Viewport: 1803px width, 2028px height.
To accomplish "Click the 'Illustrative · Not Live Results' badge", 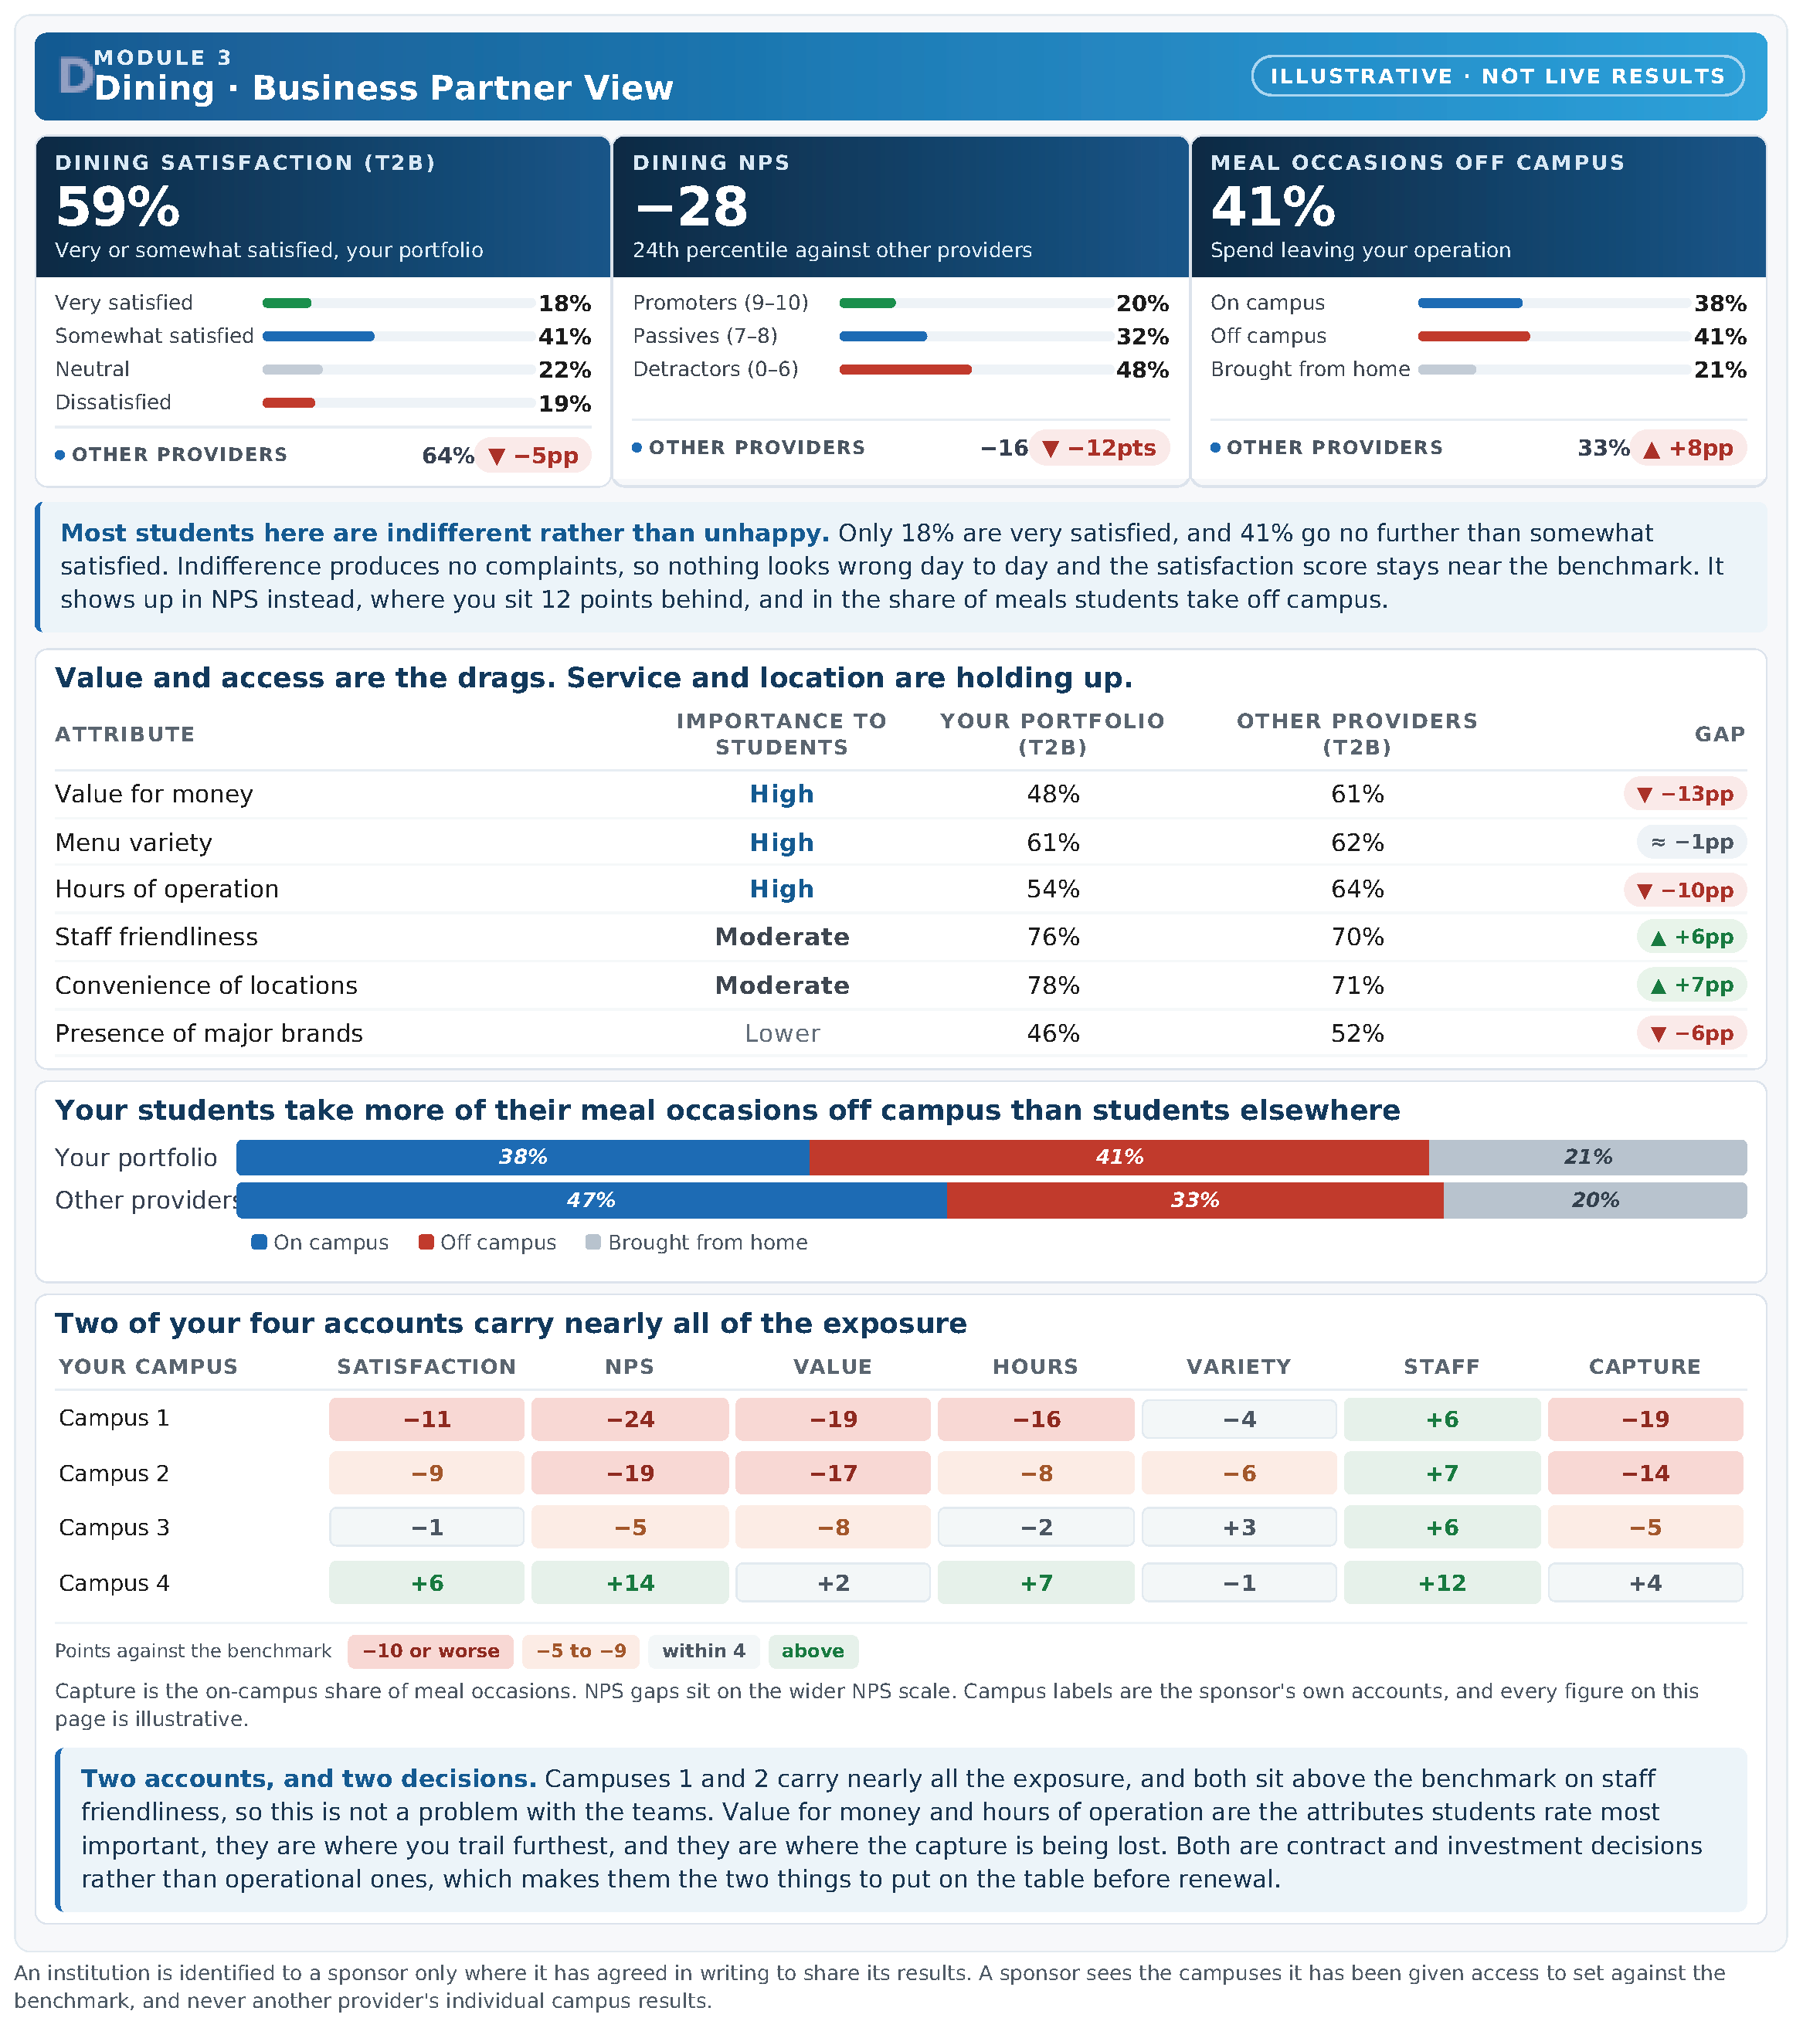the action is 1497,76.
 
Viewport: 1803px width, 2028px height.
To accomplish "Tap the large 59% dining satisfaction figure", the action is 118,208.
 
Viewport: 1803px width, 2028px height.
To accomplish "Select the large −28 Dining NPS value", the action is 691,208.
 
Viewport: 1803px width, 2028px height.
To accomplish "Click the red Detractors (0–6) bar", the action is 905,370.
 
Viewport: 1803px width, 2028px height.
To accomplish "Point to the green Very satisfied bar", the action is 287,304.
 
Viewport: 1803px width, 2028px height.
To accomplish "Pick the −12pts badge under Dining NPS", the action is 1099,449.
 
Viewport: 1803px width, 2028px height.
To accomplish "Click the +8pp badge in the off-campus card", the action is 1688,449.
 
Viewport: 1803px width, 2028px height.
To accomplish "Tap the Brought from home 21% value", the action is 1720,370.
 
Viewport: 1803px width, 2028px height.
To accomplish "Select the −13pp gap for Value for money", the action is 1685,795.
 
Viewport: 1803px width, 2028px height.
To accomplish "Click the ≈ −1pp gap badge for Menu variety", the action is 1692,843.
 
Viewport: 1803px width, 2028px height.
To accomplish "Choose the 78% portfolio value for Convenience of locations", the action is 1053,985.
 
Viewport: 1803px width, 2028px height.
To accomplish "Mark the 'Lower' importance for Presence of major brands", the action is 782,1034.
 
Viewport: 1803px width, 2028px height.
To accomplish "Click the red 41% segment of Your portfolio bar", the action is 1119,1158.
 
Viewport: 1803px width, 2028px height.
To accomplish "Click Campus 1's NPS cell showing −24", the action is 630,1419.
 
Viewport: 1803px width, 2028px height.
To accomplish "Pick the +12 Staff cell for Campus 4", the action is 1441,1583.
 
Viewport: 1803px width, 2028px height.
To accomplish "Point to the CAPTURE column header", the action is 1644,1367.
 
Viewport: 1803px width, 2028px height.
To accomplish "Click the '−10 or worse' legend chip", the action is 430,1652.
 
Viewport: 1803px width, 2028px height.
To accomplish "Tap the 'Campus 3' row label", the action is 114,1528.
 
